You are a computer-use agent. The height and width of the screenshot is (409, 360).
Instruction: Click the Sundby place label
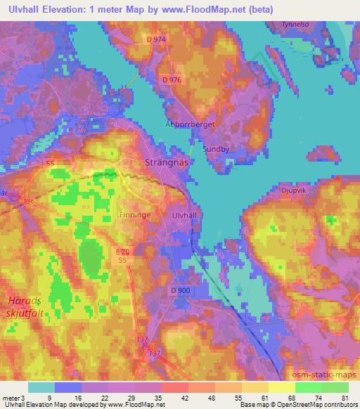point(216,149)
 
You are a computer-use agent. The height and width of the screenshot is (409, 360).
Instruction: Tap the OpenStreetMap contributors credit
point(314,405)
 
